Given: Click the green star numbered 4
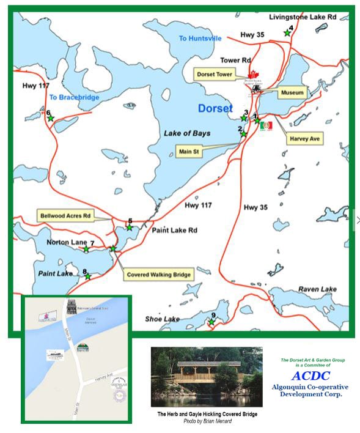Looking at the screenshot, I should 287,33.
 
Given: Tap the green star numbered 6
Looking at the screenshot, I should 51,118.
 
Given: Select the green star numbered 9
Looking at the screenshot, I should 211,322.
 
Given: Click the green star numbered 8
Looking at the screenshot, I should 88,276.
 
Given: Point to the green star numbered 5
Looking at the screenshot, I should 130,228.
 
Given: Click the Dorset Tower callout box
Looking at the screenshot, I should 215,74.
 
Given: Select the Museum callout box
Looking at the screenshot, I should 292,93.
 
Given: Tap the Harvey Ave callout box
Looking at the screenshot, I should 306,139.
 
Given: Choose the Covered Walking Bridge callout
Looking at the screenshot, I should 159,275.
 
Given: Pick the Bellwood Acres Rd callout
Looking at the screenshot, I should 65,216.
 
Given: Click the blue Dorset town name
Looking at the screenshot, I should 215,109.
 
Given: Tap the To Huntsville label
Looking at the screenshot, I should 200,39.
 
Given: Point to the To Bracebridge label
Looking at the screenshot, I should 74,97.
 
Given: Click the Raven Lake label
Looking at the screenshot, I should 318,289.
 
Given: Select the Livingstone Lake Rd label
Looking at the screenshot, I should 303,18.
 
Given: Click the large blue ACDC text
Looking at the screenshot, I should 310,376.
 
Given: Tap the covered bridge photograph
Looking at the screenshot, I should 207,377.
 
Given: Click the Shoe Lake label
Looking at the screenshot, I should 162,319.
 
